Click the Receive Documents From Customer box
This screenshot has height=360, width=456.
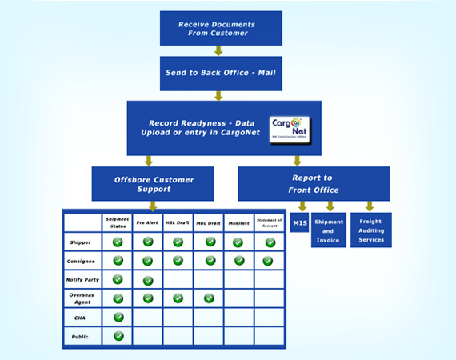[220, 28]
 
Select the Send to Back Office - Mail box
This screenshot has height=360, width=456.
[220, 73]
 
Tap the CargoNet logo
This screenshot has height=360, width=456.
[289, 129]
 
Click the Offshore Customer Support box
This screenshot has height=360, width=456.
[153, 183]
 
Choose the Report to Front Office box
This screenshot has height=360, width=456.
[314, 183]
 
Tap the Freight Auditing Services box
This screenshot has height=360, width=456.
[370, 230]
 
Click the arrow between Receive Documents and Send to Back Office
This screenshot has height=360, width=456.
[218, 50]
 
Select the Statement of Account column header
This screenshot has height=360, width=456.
[268, 222]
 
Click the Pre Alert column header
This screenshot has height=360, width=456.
[148, 222]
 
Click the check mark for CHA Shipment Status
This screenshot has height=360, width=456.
[118, 317]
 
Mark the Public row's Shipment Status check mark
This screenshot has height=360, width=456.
[118, 336]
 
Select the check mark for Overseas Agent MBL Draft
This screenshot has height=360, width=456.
[209, 298]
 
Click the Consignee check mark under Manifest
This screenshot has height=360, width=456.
[238, 260]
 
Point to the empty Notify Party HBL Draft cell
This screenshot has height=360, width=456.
[178, 279]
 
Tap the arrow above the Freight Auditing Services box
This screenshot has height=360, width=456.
[369, 206]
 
